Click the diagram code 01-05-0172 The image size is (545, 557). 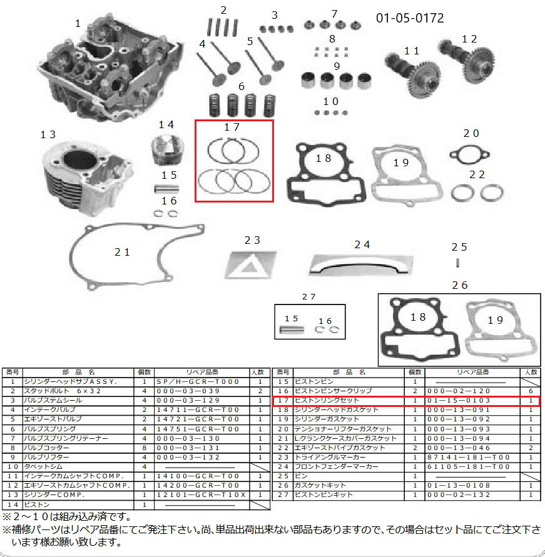point(410,18)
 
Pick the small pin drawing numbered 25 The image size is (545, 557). point(459,261)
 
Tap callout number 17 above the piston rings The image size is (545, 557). point(232,128)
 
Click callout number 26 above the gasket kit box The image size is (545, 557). point(459,286)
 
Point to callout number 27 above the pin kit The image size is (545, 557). point(308,296)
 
